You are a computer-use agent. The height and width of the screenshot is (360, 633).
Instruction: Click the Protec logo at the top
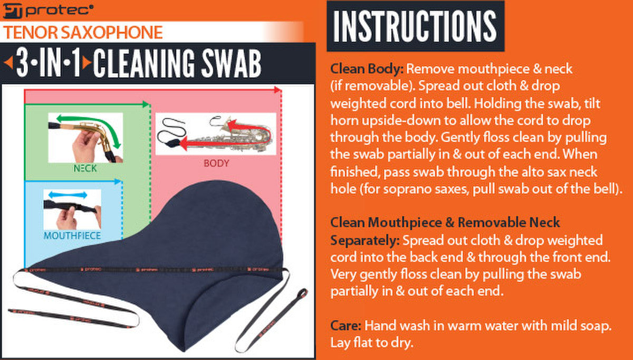(x=47, y=11)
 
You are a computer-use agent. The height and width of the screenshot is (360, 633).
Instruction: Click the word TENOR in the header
(x=31, y=32)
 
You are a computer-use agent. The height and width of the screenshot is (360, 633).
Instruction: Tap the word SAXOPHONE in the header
(x=112, y=32)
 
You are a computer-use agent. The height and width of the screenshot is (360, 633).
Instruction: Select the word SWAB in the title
(x=231, y=63)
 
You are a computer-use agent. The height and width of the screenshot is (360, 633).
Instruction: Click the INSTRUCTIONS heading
(x=415, y=26)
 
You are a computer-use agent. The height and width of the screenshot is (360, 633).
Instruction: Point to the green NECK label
(x=85, y=168)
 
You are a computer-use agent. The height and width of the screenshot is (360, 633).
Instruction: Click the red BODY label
(x=216, y=163)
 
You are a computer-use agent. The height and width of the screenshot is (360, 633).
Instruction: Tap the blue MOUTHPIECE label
(x=72, y=235)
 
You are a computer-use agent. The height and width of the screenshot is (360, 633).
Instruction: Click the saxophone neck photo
(x=85, y=138)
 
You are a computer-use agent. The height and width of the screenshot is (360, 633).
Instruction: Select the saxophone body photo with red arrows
(x=216, y=134)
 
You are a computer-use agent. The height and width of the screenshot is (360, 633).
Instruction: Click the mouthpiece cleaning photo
(x=72, y=210)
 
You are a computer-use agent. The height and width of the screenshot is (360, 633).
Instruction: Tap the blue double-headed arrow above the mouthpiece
(x=68, y=195)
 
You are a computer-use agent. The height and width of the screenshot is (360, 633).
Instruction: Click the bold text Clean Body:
(x=367, y=69)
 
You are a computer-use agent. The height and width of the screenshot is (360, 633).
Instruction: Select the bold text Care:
(x=346, y=326)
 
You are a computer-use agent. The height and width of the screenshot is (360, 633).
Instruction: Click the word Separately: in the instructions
(x=365, y=241)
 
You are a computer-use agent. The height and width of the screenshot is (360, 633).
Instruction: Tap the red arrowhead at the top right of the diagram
(x=278, y=90)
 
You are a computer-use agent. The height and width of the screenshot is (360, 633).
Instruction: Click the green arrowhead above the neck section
(x=146, y=105)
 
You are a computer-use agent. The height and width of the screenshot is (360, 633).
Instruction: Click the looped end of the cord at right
(x=303, y=293)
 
